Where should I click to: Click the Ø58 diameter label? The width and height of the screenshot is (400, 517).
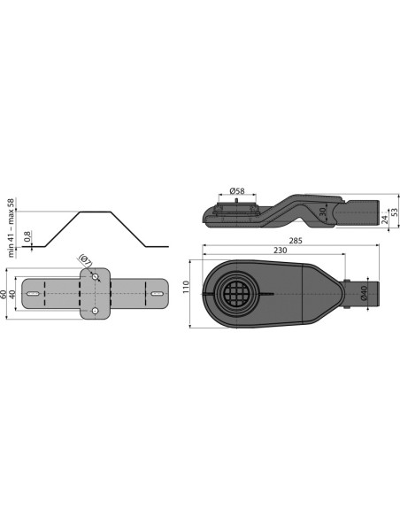pos(237,190)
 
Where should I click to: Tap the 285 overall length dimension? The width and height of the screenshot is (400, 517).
pos(296,241)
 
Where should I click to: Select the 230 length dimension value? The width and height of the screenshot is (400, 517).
pos(280,251)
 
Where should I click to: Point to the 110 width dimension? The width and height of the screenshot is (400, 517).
pos(186,287)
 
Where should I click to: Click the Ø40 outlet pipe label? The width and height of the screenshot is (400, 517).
pos(364,293)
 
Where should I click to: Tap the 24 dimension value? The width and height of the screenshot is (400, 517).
pos(385,220)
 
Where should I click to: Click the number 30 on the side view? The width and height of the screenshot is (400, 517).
pos(323,212)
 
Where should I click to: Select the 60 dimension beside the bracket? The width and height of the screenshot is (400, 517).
pos(4,294)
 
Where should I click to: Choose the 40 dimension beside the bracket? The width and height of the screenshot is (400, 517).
pos(12,294)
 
